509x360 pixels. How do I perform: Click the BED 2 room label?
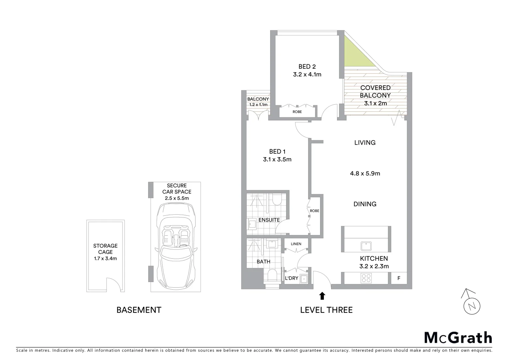(307, 67)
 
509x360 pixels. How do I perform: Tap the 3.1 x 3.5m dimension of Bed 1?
(277, 159)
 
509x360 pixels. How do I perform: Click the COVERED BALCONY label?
(375, 91)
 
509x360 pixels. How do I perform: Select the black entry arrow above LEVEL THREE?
(322, 295)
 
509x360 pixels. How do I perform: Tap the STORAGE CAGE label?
(105, 249)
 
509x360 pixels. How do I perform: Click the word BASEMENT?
(139, 310)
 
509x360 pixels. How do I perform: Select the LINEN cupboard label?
(296, 244)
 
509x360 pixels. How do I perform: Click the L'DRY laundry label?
(291, 278)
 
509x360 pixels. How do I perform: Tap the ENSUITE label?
(269, 220)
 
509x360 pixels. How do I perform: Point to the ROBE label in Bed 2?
(297, 112)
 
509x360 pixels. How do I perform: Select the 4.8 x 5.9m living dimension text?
(365, 173)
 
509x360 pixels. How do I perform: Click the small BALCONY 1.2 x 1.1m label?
(258, 102)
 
